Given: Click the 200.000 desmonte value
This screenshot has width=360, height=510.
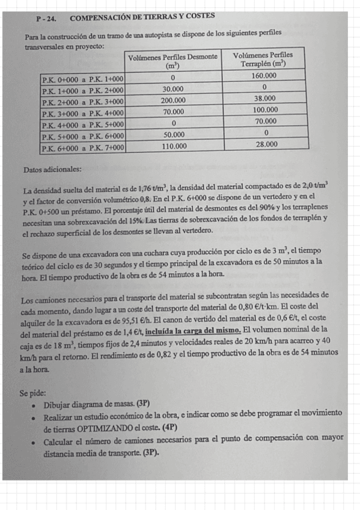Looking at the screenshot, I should [173, 100].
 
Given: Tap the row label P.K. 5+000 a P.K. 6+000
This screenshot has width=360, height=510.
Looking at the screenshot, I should [82, 136].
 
